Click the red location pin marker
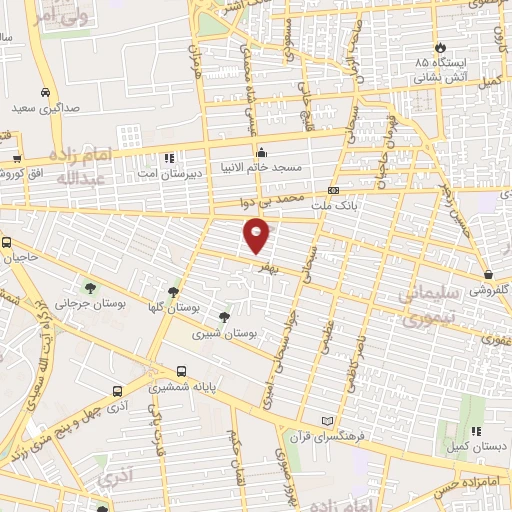point(257,236)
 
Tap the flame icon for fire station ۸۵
point(438,48)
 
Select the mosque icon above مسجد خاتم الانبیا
point(261,153)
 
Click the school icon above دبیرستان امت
point(168,157)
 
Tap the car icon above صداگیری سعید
point(46,89)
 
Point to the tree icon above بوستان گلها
point(174,291)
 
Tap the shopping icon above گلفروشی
point(487,274)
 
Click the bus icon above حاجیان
point(7,242)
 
